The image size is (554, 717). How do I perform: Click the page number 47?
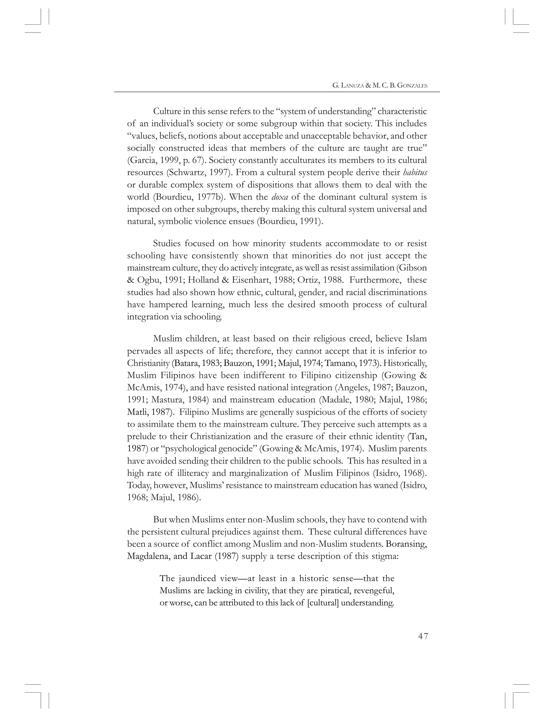[423, 636]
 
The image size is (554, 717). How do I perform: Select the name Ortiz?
[308, 280]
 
